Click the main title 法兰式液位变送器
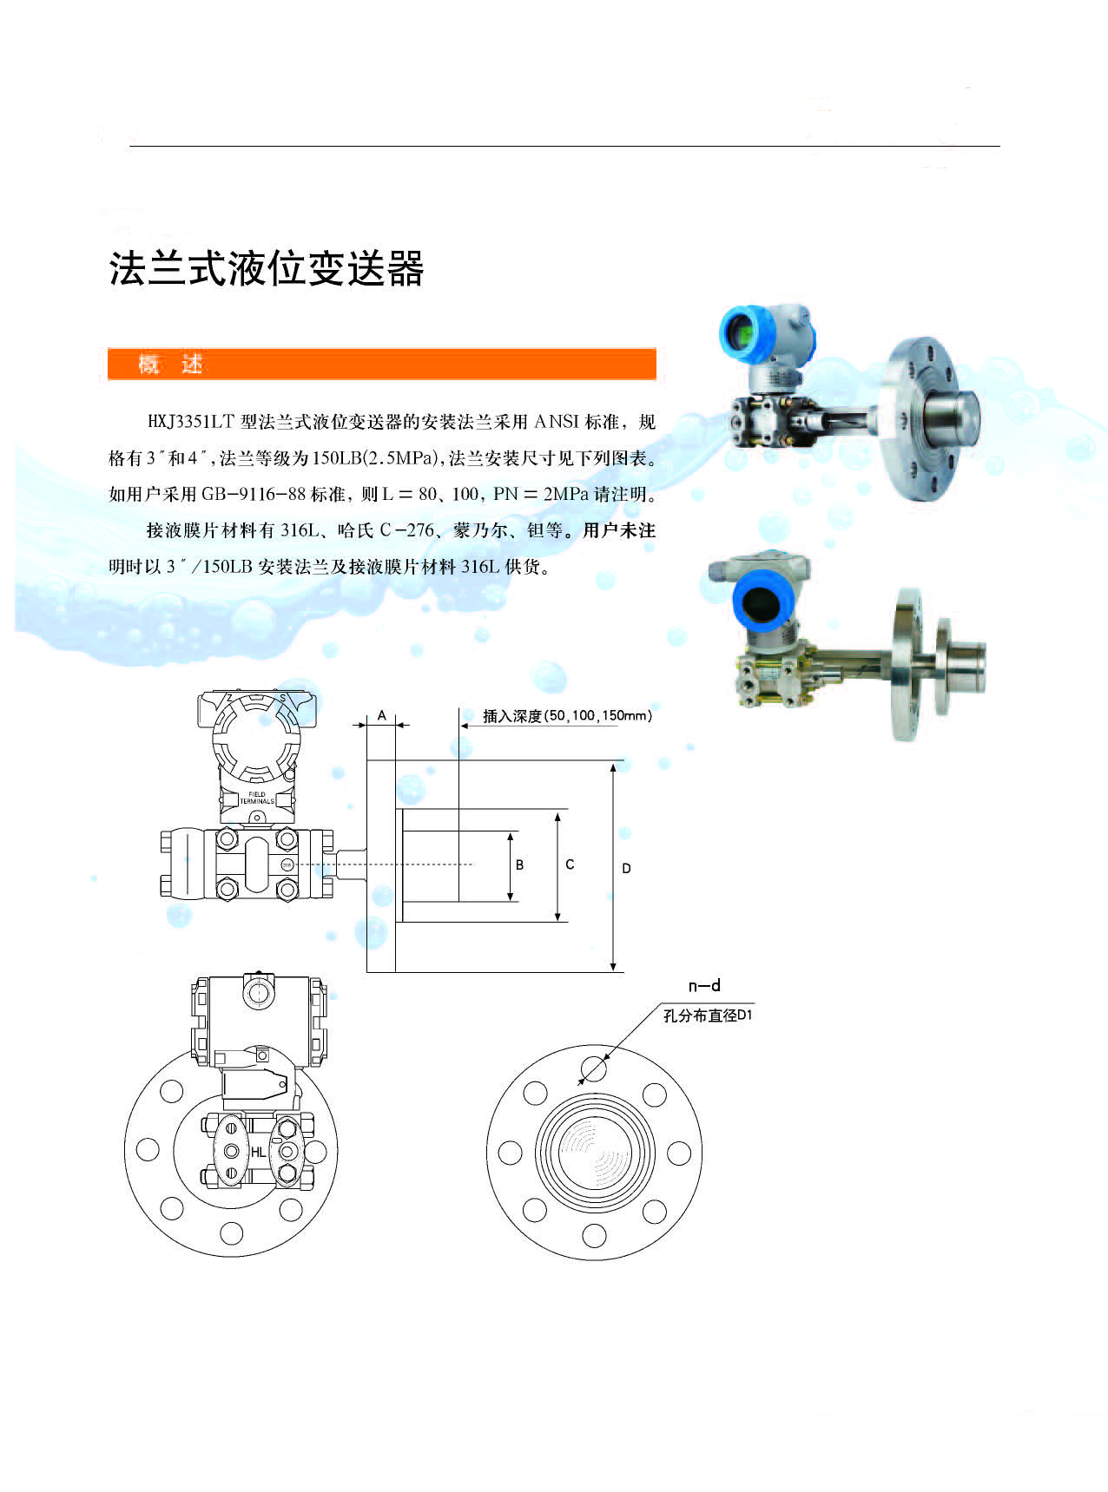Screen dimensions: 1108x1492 (x=267, y=269)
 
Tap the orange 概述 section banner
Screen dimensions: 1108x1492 (x=381, y=364)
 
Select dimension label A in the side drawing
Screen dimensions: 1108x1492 (x=381, y=715)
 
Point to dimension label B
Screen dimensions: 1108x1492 (x=520, y=864)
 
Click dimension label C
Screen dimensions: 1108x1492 (x=570, y=864)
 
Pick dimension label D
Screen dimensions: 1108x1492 (x=627, y=868)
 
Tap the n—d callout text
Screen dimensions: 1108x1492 (x=704, y=985)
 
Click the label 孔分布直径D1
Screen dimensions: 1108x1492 (x=708, y=1015)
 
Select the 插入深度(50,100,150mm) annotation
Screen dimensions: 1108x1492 (x=567, y=716)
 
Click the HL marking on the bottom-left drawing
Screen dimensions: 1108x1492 (x=259, y=1153)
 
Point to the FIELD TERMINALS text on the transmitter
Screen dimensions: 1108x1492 (x=257, y=798)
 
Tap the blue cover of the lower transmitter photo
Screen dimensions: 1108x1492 (x=762, y=601)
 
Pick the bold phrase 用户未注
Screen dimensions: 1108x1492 (x=618, y=530)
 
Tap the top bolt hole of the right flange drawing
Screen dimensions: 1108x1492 (x=594, y=1068)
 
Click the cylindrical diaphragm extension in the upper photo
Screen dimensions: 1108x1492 (x=949, y=415)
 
